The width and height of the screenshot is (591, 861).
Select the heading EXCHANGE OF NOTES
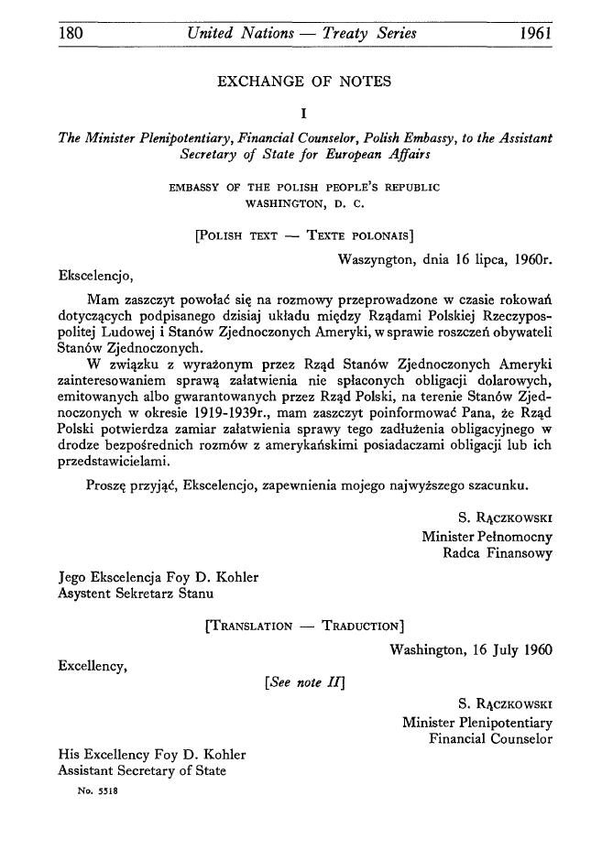click(x=302, y=82)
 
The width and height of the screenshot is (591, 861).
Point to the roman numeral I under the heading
click(x=303, y=114)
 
